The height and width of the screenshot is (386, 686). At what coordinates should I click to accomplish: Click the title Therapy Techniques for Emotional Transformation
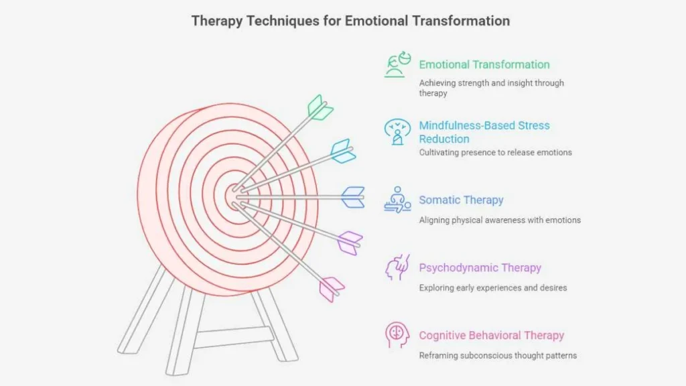(x=350, y=21)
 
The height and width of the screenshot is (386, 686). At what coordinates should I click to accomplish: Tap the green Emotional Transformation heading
(x=484, y=64)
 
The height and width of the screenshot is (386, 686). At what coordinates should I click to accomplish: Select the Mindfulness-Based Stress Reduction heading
(x=484, y=132)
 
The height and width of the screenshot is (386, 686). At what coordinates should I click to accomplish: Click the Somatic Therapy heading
(x=461, y=200)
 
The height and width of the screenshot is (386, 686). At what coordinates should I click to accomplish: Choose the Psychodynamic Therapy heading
(x=480, y=268)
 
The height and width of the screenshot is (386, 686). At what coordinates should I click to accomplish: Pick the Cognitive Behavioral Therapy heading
(x=491, y=335)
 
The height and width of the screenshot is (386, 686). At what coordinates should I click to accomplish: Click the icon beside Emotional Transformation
(x=398, y=65)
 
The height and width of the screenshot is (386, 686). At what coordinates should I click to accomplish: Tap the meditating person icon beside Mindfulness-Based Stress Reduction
(x=397, y=132)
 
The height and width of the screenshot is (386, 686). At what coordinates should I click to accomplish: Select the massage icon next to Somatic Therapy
(x=397, y=200)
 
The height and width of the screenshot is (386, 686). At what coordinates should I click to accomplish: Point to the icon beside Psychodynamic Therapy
(x=397, y=267)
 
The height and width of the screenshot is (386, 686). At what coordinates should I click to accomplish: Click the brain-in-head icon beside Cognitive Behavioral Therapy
(x=397, y=335)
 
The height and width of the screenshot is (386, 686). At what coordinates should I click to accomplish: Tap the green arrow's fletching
(x=320, y=108)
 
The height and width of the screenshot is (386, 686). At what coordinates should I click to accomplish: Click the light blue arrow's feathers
(x=343, y=151)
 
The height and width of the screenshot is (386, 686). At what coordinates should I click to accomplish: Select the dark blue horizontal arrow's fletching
(x=353, y=198)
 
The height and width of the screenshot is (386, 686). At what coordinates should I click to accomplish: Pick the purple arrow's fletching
(x=350, y=243)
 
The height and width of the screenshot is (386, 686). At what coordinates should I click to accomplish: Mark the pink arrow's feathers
(x=332, y=289)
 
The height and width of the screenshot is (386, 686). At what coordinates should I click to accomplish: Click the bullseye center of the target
(x=234, y=196)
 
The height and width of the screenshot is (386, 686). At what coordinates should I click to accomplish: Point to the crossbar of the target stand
(x=233, y=337)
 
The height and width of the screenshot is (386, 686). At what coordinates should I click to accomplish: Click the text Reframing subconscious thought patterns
(x=498, y=355)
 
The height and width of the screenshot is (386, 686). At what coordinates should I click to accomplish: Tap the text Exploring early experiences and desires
(x=493, y=287)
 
